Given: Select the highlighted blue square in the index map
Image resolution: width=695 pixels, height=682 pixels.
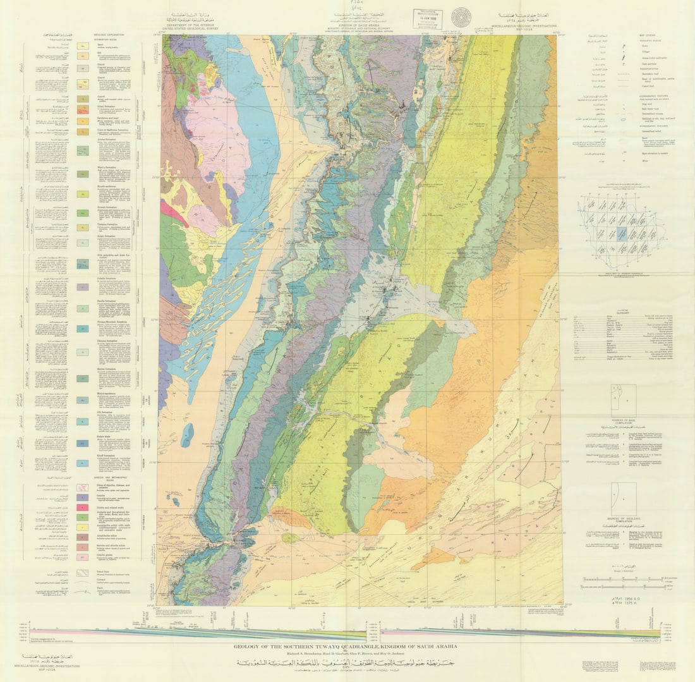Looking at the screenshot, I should click(x=622, y=233).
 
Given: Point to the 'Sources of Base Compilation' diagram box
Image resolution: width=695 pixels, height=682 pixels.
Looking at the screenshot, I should click(x=623, y=399).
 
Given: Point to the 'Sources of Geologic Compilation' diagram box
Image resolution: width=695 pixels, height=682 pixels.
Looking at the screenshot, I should click(x=623, y=499).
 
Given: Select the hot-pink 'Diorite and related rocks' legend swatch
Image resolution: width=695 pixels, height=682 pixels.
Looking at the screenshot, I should click(x=82, y=508).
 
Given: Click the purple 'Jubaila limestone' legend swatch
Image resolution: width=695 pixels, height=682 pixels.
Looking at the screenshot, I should click(x=82, y=286).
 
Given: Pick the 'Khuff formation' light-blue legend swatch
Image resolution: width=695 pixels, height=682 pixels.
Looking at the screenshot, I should click(x=82, y=463).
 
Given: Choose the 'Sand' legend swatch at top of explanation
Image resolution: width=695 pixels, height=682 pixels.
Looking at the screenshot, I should click(x=82, y=46).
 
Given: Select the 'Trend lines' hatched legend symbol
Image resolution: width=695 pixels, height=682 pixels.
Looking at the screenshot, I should click(x=82, y=573).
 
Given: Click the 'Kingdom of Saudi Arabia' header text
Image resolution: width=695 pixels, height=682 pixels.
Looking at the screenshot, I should click(x=354, y=23).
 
